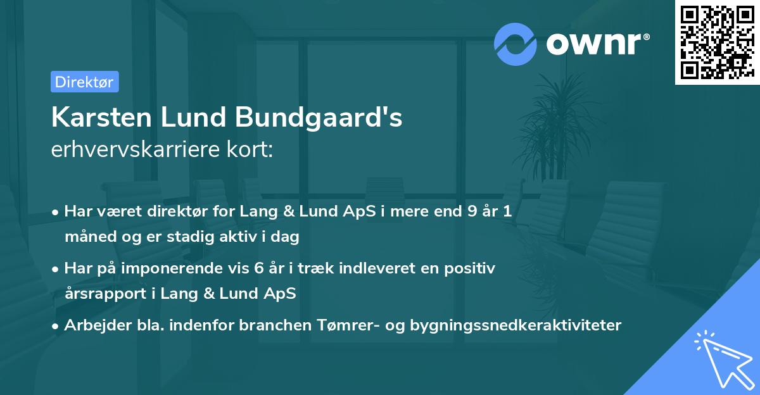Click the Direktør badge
click(x=84, y=82)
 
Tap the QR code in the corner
click(x=717, y=42)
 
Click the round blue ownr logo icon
click(x=516, y=44)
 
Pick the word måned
click(x=86, y=237)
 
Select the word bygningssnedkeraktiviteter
click(x=516, y=325)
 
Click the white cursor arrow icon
click(x=722, y=360)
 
